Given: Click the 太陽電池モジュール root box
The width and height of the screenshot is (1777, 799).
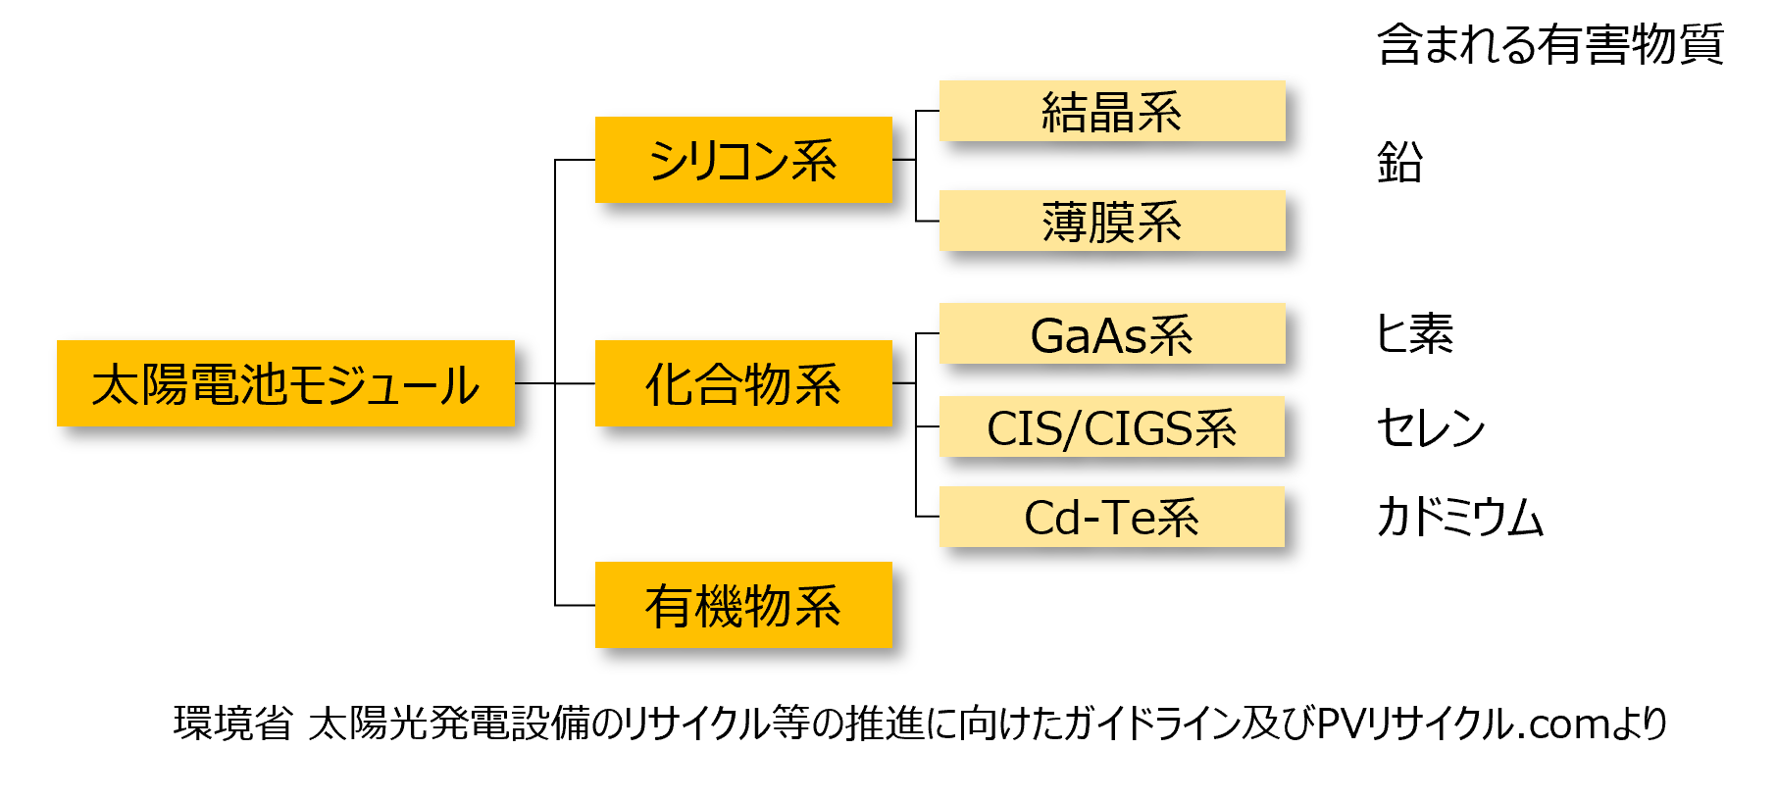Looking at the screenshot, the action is tap(285, 383).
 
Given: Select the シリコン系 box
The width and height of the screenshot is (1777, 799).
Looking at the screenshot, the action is tap(743, 160).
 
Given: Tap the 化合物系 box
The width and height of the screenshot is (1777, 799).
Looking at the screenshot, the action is tap(743, 383).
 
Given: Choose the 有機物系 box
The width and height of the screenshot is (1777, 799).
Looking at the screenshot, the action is tap(743, 605).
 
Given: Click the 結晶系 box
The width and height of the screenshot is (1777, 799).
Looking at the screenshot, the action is tap(1112, 111).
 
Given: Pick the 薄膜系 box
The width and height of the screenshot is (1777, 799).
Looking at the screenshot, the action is tap(1112, 221).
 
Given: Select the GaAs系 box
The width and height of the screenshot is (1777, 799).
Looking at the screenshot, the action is tap(1112, 333).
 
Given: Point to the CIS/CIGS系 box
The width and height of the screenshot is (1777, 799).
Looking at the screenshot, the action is tap(1112, 426).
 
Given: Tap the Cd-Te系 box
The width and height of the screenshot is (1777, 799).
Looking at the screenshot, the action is tap(1112, 517).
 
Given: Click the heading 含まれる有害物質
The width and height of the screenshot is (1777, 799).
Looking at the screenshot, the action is tap(1550, 44).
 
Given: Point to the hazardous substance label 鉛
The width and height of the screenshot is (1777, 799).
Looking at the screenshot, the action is tap(1399, 162).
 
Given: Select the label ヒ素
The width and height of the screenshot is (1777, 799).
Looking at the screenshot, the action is tap(1415, 334).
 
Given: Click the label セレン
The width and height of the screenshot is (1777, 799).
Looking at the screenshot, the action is tap(1431, 427).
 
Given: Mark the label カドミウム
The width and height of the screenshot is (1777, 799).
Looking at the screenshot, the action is tap(1460, 517).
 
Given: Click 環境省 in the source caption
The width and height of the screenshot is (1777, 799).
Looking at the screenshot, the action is tap(233, 724).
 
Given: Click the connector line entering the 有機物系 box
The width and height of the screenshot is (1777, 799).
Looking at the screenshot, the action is tap(575, 605).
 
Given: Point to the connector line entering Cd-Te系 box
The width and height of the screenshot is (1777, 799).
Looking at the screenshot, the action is tap(928, 517).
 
